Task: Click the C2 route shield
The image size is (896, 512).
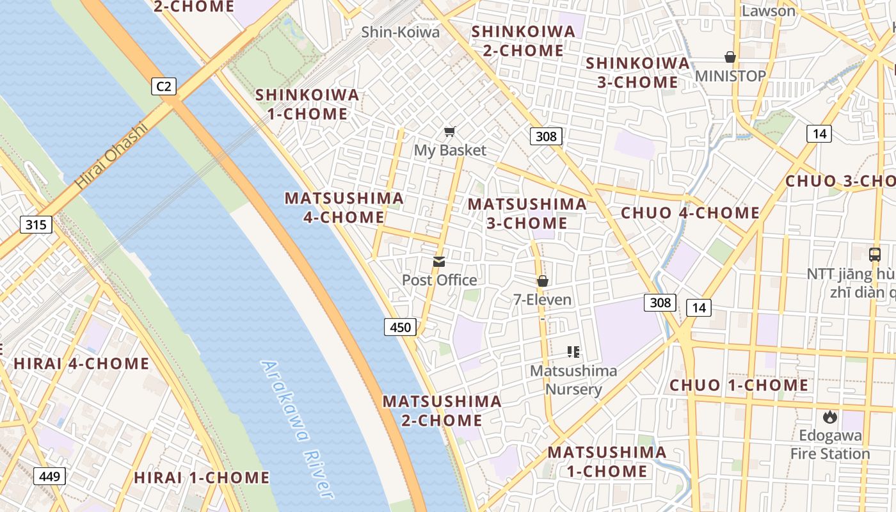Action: (x=164, y=86)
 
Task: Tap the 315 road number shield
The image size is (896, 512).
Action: (x=36, y=225)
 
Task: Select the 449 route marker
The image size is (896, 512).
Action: (x=49, y=476)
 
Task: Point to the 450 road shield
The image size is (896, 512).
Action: (x=400, y=327)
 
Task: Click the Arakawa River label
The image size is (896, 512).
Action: (x=298, y=429)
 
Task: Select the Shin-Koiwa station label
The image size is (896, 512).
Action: (x=401, y=32)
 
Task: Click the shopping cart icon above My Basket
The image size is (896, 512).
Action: (x=450, y=132)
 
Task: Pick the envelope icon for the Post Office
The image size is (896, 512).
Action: (x=439, y=261)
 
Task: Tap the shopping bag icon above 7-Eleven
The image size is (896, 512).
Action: (x=543, y=280)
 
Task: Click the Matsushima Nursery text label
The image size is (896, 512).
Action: (x=573, y=380)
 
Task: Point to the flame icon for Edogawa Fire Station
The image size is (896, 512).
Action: (x=829, y=417)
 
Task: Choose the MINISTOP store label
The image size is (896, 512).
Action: (x=730, y=76)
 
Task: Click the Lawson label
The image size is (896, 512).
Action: (x=768, y=11)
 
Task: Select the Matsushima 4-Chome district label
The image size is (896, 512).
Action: (x=344, y=207)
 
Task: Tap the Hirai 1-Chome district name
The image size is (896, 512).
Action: (x=202, y=478)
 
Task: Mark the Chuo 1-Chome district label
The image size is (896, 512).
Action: (x=739, y=385)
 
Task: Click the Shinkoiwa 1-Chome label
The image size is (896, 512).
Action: (x=307, y=105)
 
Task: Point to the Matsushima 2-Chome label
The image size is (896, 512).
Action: (x=442, y=411)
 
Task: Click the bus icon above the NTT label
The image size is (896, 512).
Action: (x=875, y=254)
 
